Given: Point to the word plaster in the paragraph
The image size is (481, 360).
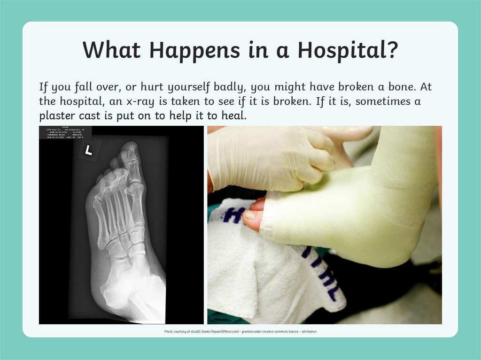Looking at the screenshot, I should [56, 115].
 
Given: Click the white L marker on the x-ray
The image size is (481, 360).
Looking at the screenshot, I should [87, 151].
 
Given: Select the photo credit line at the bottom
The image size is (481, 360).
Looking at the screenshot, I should [240, 331].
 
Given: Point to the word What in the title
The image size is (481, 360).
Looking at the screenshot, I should [111, 49].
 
